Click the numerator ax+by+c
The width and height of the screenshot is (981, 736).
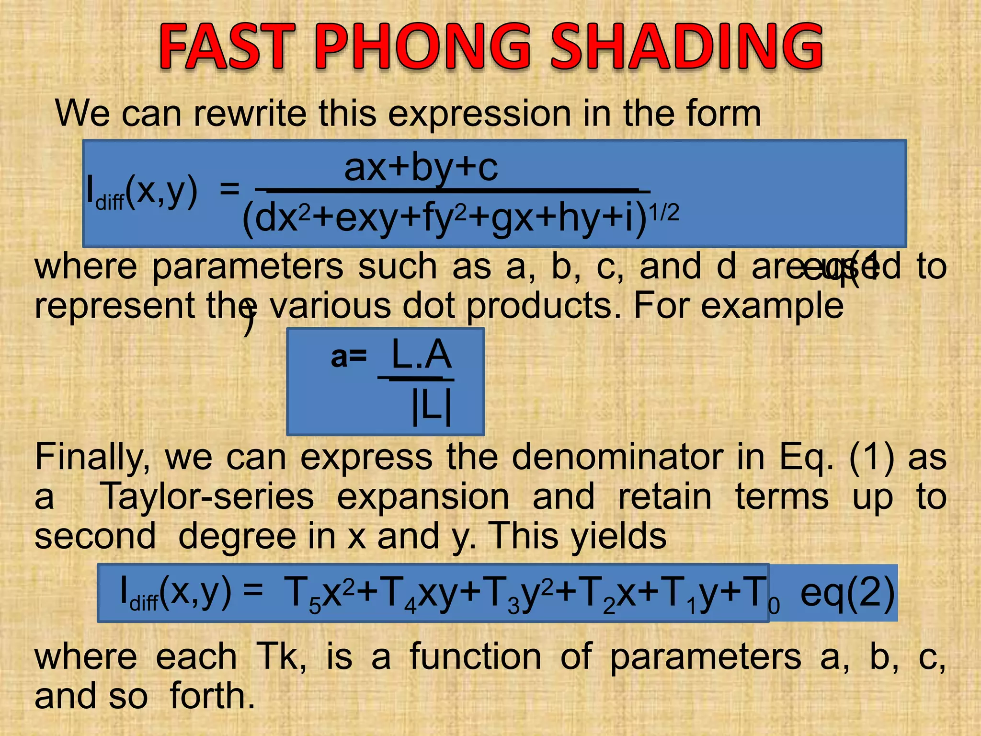coord(421,169)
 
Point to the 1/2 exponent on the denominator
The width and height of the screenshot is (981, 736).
coord(663,212)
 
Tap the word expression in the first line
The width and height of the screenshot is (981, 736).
coord(479,114)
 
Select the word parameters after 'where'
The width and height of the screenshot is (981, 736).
coord(247,266)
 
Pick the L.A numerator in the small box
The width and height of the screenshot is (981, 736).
coord(421,355)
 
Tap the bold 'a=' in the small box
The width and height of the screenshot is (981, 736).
coord(349,357)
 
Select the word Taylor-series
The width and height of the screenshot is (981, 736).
coord(206,496)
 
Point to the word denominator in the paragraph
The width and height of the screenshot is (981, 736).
coord(617,458)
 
